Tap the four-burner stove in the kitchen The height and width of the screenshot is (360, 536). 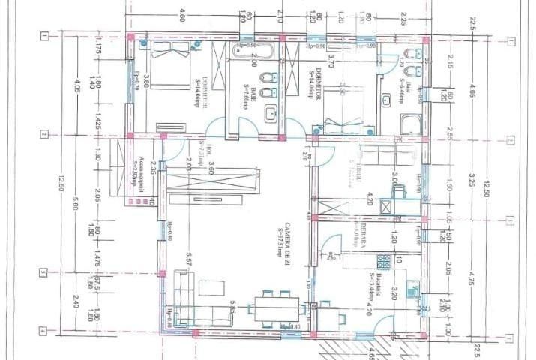click(384, 262)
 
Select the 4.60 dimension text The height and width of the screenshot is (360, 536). click(181, 15)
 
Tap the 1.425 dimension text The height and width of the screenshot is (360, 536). click(98, 124)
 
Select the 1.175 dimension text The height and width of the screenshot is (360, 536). click(98, 46)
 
